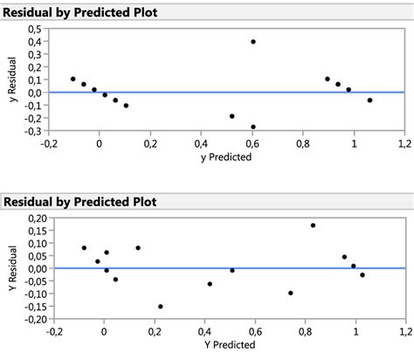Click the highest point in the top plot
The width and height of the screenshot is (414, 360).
(x=253, y=41)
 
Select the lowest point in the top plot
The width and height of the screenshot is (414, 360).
(x=253, y=127)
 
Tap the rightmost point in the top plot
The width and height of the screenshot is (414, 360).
(x=369, y=100)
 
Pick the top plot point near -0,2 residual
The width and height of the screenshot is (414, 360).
(x=231, y=115)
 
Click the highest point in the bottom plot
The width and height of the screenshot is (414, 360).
(x=313, y=225)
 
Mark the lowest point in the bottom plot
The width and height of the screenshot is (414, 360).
(x=160, y=307)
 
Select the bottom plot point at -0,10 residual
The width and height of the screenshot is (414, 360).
(x=290, y=294)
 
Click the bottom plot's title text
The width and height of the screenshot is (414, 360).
(x=79, y=202)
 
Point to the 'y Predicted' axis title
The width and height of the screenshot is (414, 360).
(x=226, y=158)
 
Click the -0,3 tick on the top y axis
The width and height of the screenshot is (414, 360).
(x=36, y=131)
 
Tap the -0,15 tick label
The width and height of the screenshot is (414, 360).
(x=32, y=307)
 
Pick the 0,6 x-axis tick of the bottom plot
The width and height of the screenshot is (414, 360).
(x=253, y=332)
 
